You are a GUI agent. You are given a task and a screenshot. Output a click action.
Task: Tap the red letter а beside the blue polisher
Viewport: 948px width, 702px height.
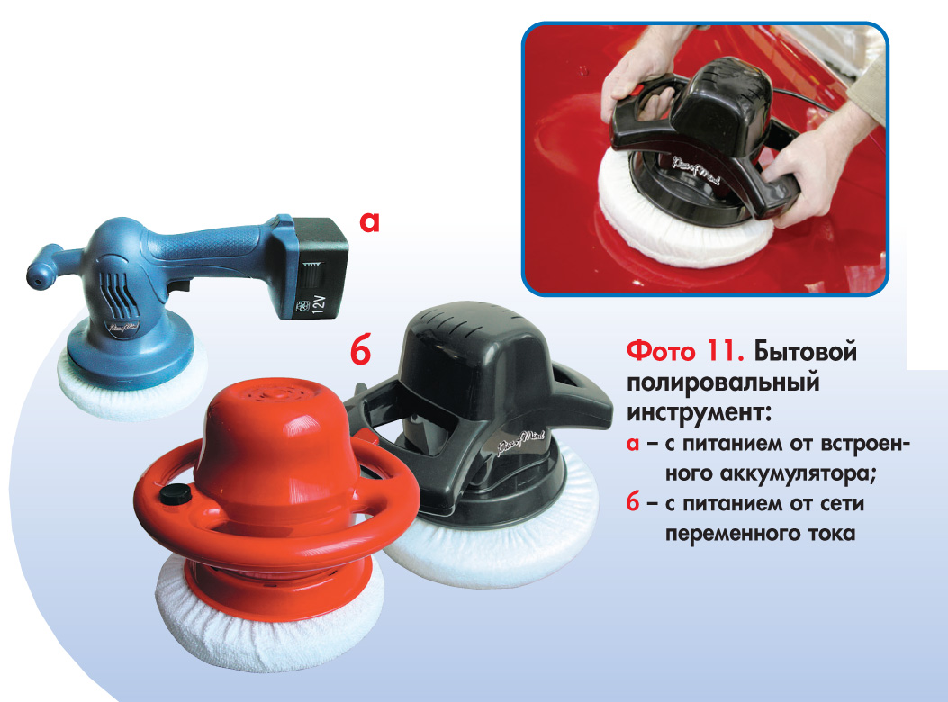(369, 222)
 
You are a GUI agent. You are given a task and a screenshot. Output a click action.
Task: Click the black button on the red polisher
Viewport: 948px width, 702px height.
(176, 493)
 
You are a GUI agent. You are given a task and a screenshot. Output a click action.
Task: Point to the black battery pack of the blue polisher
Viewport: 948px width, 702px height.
(311, 266)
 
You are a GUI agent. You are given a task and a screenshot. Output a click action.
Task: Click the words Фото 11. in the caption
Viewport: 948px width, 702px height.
(684, 351)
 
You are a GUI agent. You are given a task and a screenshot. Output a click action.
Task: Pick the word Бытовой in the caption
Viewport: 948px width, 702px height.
(806, 351)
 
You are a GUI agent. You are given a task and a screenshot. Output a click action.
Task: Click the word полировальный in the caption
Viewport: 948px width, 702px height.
(723, 383)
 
